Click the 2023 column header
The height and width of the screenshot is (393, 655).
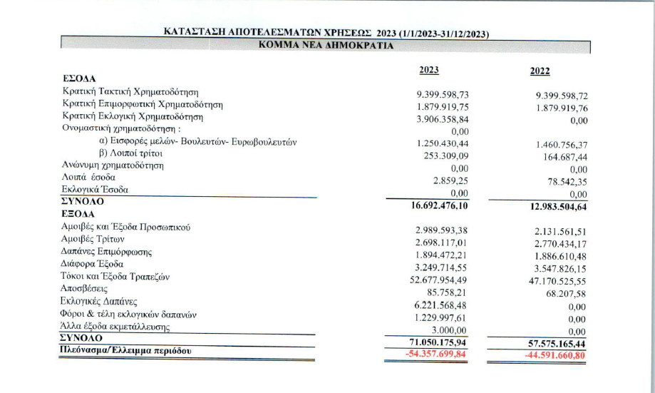pyautogui.click(x=428, y=70)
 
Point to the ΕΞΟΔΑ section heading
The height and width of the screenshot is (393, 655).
pyautogui.click(x=80, y=213)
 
